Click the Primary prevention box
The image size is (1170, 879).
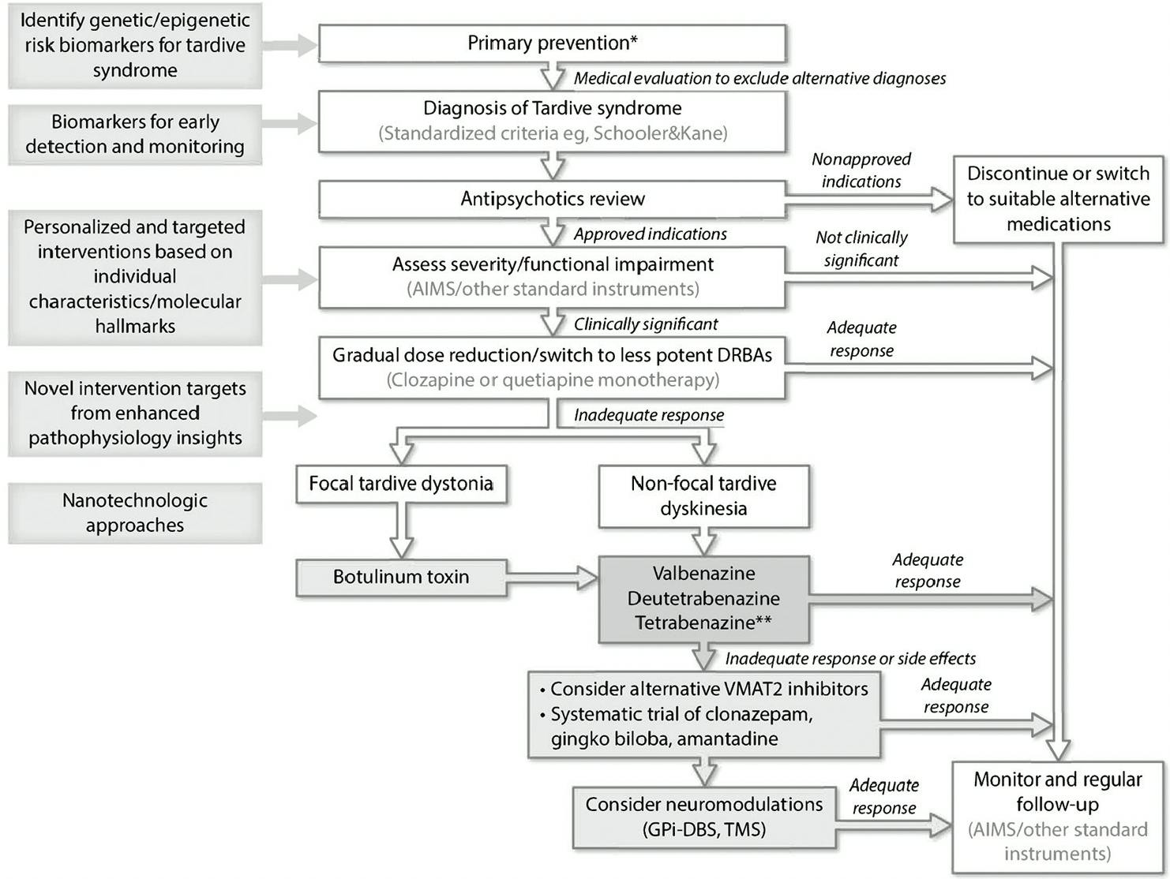coord(552,43)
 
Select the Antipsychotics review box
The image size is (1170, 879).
coord(552,199)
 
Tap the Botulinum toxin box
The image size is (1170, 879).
coord(401,577)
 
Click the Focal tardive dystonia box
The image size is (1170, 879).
coord(401,484)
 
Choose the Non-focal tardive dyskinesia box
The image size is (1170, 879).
coord(703,496)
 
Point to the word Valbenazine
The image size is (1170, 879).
coord(703,574)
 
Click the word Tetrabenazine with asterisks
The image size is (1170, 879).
coord(703,623)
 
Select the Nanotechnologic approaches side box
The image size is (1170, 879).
coord(135,513)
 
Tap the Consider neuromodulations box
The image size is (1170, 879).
coord(703,817)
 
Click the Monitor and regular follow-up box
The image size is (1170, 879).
coord(1058,817)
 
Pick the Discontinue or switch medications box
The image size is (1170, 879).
coord(1058,199)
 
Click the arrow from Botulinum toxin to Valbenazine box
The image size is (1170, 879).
coord(553,578)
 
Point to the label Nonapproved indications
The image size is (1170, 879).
coord(861,170)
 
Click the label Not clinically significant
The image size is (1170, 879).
coord(861,249)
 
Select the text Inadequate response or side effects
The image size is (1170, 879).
coord(850,659)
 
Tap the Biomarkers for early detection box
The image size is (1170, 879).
coord(135,134)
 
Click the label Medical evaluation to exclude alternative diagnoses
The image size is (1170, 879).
coord(759,78)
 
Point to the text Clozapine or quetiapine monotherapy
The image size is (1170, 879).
coord(553,380)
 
